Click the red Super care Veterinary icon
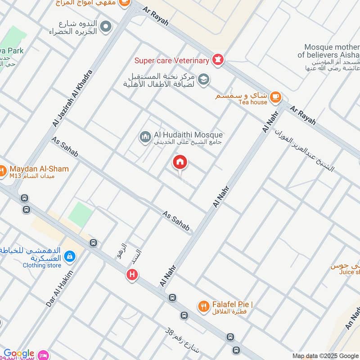218,60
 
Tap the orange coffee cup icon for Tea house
275,96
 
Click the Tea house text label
252,102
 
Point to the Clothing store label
42,265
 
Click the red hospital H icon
132,274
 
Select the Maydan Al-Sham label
39,169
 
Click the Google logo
18,353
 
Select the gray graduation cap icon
203,79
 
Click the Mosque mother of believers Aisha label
332,50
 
